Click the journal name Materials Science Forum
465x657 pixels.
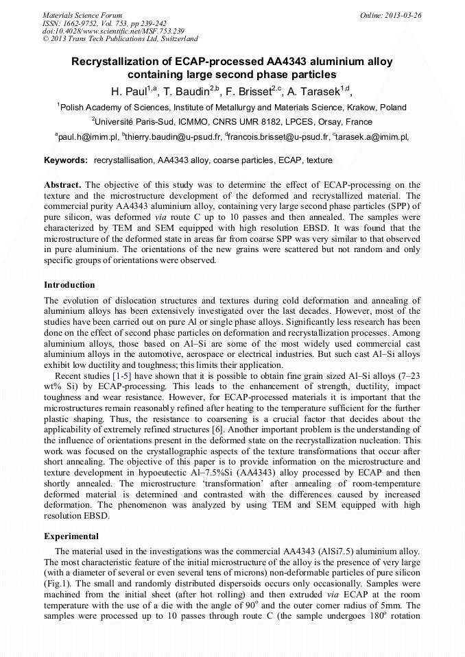(82, 14)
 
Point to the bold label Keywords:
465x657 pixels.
(66, 160)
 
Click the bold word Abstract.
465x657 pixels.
(62, 185)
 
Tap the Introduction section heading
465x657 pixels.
(69, 284)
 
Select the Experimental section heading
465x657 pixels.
(71, 536)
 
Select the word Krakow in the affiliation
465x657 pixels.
(366, 108)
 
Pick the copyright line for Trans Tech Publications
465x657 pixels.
(120, 39)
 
